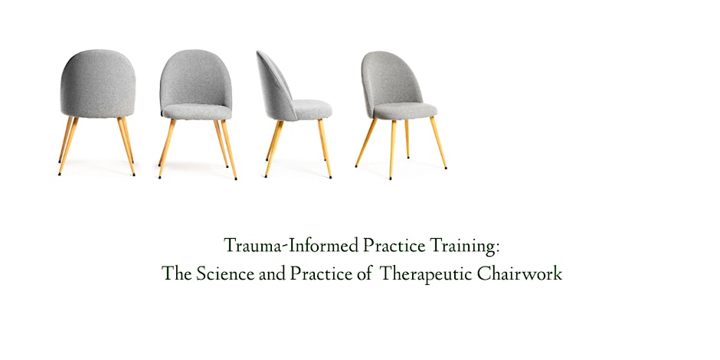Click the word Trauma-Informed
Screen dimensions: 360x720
tap(272, 247)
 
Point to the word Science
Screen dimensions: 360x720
tap(221, 273)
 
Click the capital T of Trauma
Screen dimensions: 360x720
tap(229, 247)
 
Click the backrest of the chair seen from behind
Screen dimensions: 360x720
tap(98, 84)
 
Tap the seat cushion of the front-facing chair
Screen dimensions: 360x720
tap(196, 112)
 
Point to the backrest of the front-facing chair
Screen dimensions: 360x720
tap(196, 77)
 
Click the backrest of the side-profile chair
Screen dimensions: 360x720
tap(274, 84)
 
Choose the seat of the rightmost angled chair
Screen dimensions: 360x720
tap(405, 111)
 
